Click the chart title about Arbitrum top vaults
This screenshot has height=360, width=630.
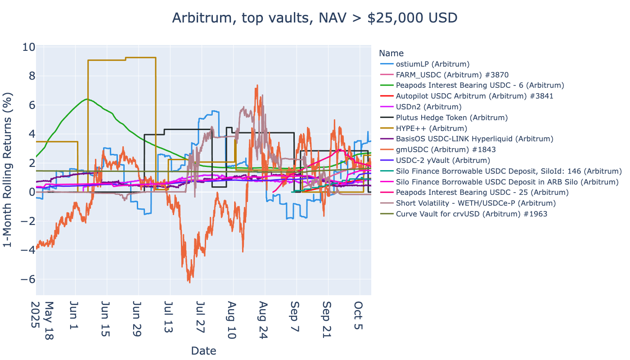(x=315, y=18)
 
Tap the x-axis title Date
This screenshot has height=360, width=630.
(x=203, y=351)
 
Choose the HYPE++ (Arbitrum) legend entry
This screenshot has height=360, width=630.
(x=426, y=128)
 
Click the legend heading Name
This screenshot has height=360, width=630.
(x=391, y=53)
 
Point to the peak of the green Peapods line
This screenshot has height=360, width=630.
(x=87, y=99)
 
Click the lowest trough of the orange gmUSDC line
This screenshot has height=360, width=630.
(x=189, y=282)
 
